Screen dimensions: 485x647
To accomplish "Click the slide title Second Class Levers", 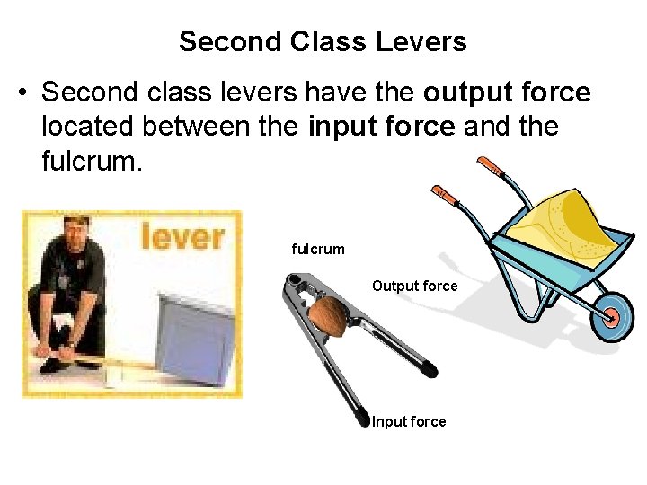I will click(323, 41).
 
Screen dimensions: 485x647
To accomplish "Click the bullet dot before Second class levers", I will click(25, 93).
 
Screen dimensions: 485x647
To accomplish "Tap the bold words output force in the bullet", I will click(507, 93).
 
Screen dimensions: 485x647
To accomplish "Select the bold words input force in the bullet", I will click(382, 127).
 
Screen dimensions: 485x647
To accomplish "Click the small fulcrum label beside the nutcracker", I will click(318, 249).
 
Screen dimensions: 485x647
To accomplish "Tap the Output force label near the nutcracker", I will click(414, 286).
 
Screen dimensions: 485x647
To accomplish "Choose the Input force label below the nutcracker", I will click(409, 421).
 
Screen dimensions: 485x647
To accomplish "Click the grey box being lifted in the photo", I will click(195, 336).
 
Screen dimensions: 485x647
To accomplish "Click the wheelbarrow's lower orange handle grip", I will click(443, 194).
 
